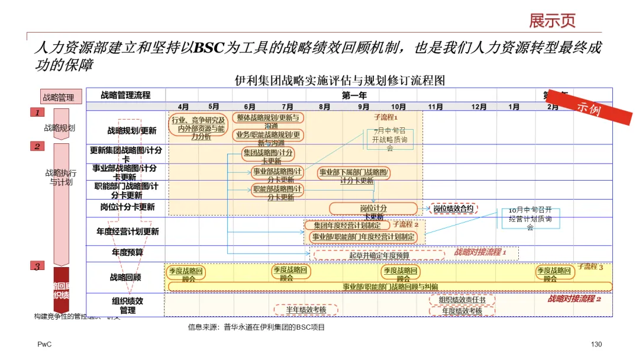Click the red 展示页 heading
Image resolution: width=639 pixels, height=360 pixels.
(x=552, y=21)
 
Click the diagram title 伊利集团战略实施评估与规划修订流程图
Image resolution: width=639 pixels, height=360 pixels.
(x=340, y=80)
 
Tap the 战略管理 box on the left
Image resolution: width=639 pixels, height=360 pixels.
(x=59, y=97)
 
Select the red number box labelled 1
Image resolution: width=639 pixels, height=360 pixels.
(x=37, y=112)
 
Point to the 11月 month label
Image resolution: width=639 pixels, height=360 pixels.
(x=435, y=107)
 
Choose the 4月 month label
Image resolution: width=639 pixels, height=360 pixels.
(x=183, y=107)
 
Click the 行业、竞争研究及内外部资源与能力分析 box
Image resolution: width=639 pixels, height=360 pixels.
(x=198, y=128)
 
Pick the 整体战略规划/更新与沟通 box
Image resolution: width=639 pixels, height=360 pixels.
(x=268, y=121)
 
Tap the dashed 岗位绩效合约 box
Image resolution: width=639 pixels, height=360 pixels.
(x=453, y=208)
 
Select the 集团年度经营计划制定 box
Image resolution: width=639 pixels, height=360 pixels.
(x=347, y=225)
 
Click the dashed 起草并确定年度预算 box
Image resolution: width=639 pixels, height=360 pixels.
(x=379, y=255)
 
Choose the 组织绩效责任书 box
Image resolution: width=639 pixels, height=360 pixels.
(x=462, y=300)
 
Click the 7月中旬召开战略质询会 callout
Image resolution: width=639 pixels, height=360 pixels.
(x=390, y=139)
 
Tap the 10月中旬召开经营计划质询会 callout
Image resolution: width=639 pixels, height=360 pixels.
(x=530, y=218)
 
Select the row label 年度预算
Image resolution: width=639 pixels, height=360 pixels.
(x=127, y=253)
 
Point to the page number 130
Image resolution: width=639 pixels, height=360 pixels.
(x=596, y=345)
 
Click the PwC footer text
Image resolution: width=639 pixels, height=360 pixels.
(x=44, y=345)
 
